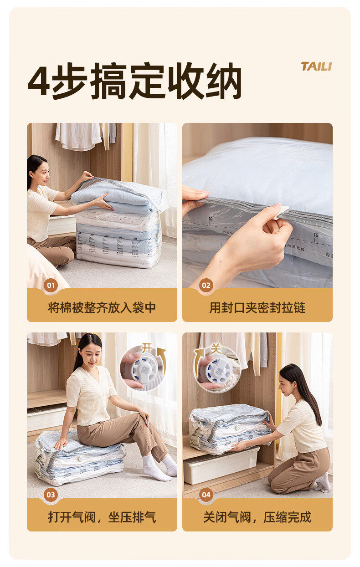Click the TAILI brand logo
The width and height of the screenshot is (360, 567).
tap(316, 66)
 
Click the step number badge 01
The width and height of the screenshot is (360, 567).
tap(51, 286)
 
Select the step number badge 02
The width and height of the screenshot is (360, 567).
tap(206, 286)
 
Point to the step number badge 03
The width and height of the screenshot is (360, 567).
tap(51, 495)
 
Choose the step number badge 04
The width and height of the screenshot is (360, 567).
tap(206, 495)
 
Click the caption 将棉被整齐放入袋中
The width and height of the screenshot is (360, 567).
tap(102, 307)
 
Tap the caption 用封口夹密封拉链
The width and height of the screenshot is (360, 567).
tap(257, 307)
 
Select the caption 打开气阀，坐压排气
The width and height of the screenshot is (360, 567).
tap(102, 517)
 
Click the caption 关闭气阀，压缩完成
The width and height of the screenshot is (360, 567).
tap(257, 517)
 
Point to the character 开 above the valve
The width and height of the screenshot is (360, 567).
tap(147, 348)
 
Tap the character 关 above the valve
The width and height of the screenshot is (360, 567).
tap(216, 349)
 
